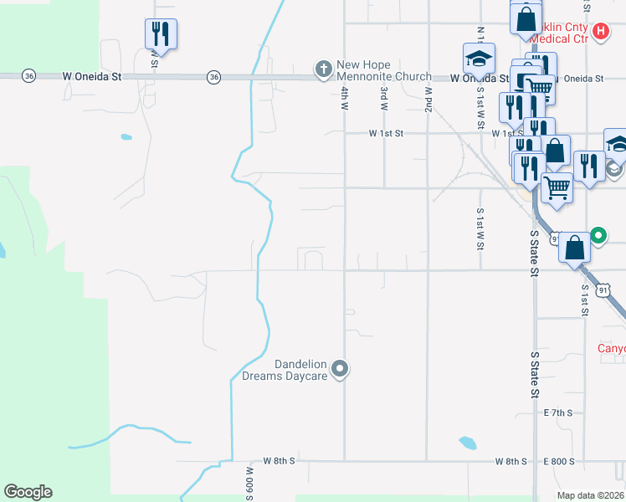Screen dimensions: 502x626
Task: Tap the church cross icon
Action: click(323, 68)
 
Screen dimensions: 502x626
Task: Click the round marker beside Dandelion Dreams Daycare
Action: click(340, 368)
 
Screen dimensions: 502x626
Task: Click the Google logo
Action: click(28, 492)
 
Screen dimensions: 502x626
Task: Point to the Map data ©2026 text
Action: click(591, 495)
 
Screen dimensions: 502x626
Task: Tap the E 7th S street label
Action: click(558, 413)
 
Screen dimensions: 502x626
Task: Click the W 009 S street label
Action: click(249, 480)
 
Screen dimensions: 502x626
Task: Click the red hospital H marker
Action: click(600, 33)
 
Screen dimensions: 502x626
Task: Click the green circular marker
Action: click(598, 235)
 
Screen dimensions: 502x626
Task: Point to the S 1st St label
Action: click(584, 300)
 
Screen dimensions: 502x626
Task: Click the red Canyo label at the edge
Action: click(611, 348)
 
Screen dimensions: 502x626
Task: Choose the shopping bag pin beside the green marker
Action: click(574, 248)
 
